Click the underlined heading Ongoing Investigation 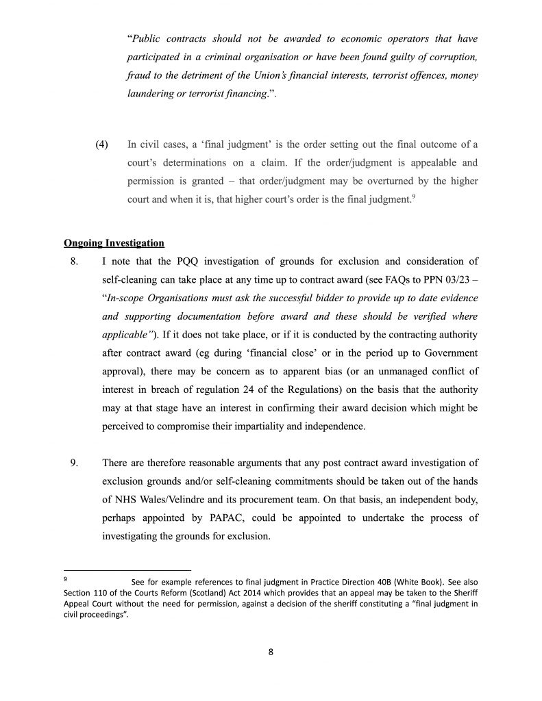[114, 243]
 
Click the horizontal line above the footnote [127, 570]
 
